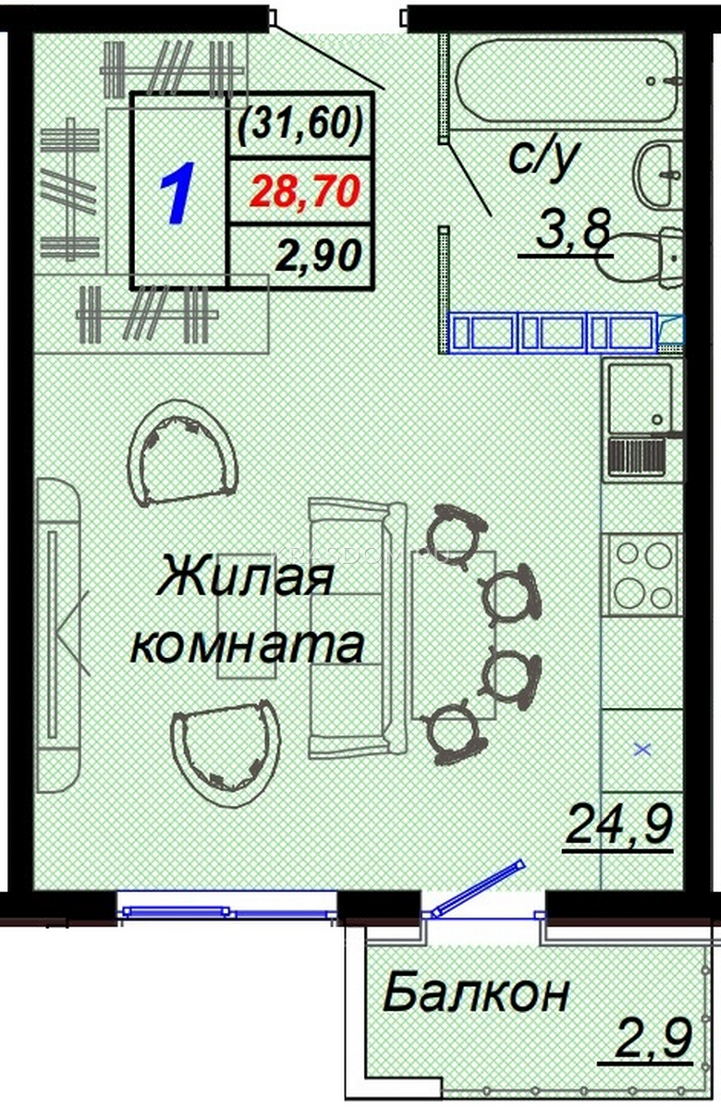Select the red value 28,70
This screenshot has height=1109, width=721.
pos(305,191)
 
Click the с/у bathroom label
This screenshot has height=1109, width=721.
pos(544,157)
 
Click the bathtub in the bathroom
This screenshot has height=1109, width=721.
pos(568,81)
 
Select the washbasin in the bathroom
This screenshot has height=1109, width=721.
pos(657,175)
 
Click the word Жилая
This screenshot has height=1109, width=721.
pos(246,575)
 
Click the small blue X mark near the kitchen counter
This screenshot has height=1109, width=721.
pos(643,749)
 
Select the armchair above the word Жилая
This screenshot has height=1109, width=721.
pos(182,454)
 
